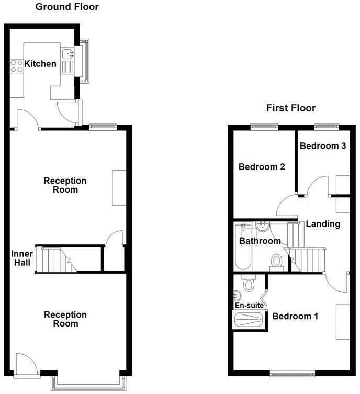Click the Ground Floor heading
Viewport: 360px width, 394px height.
(x=66, y=7)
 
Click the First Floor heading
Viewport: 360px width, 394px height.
(x=291, y=108)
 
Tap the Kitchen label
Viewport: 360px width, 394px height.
(x=40, y=64)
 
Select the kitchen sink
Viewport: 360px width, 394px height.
(x=68, y=53)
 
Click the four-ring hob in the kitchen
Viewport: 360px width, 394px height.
(x=17, y=66)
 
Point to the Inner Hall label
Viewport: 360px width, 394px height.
(x=21, y=258)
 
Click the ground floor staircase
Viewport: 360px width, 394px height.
(x=55, y=258)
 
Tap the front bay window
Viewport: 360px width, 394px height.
(x=88, y=382)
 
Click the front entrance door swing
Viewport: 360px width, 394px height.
(x=26, y=363)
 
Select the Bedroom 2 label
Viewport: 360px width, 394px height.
(x=262, y=167)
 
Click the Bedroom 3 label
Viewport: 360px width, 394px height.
(x=323, y=146)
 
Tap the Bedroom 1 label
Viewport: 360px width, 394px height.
(x=296, y=316)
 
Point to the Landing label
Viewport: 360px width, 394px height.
(x=323, y=224)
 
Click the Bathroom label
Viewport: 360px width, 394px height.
(x=260, y=241)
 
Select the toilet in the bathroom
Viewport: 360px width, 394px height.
(x=276, y=260)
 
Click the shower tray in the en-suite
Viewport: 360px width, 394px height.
(x=249, y=319)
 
